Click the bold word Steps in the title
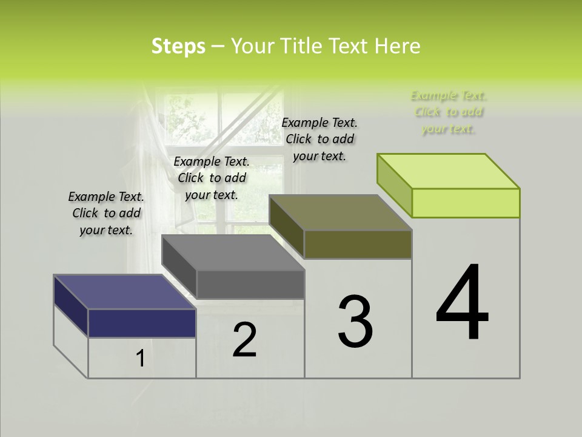point(178,47)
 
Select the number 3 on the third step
point(355,322)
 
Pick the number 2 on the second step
point(245,340)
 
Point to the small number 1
point(140,359)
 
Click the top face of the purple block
point(124,292)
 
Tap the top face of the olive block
point(341,212)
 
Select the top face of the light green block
point(449,171)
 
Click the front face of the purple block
point(142,323)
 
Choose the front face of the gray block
point(250,284)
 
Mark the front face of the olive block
point(358,244)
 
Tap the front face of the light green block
point(466,203)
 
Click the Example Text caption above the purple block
point(106,213)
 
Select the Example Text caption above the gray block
point(212,178)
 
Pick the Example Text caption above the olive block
point(319,139)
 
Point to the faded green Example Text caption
point(449,112)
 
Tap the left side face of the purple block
point(71,305)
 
